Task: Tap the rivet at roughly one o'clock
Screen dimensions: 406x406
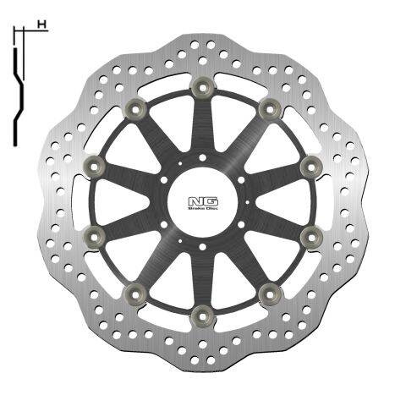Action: tap(270, 107)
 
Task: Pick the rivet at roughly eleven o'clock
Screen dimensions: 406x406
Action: tap(134, 107)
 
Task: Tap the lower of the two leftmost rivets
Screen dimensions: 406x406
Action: tap(94, 236)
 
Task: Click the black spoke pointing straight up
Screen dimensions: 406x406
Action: tap(203, 127)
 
